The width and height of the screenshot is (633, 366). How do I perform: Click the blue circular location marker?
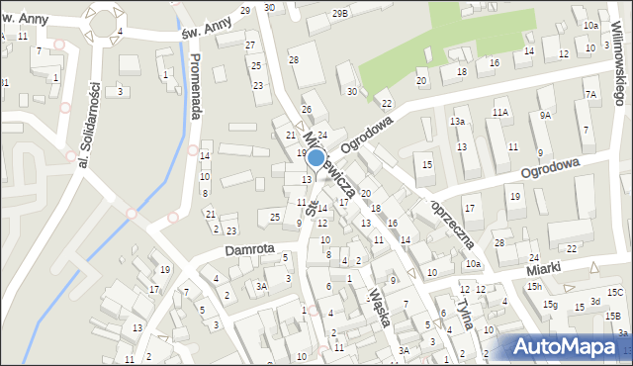coord(316,157)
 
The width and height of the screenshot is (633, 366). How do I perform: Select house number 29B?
coord(340,13)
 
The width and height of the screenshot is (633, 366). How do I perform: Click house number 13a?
coord(457,121)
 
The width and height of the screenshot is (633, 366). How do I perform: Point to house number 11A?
coord(501,113)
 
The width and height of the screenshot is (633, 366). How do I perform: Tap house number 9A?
coord(545,115)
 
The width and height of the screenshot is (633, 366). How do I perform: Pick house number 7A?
coord(590,95)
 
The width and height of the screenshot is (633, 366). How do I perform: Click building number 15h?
coord(534,286)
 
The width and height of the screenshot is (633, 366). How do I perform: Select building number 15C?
coord(615,292)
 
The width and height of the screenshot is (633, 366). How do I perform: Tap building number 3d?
coord(595,301)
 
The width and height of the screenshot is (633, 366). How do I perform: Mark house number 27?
coord(250,46)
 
